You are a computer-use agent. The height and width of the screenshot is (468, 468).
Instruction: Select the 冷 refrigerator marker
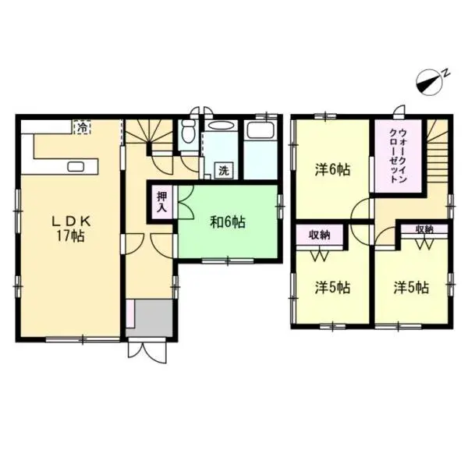point(80,126)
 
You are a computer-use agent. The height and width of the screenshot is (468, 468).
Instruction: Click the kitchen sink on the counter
point(76,166)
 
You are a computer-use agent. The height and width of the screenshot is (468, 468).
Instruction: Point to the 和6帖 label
point(227,222)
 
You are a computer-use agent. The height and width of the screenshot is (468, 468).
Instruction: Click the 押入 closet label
point(161,202)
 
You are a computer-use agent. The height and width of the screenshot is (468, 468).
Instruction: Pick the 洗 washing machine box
point(223,169)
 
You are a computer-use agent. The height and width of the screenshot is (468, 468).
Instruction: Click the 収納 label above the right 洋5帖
point(424,229)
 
